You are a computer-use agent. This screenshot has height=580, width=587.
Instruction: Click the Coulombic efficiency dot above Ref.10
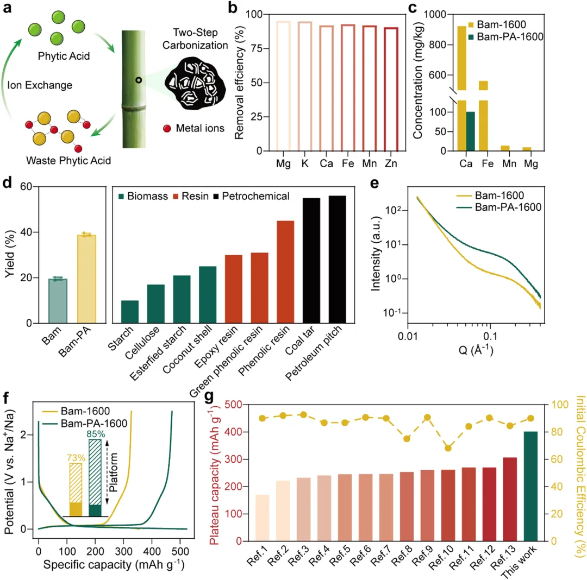pos(433,433)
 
